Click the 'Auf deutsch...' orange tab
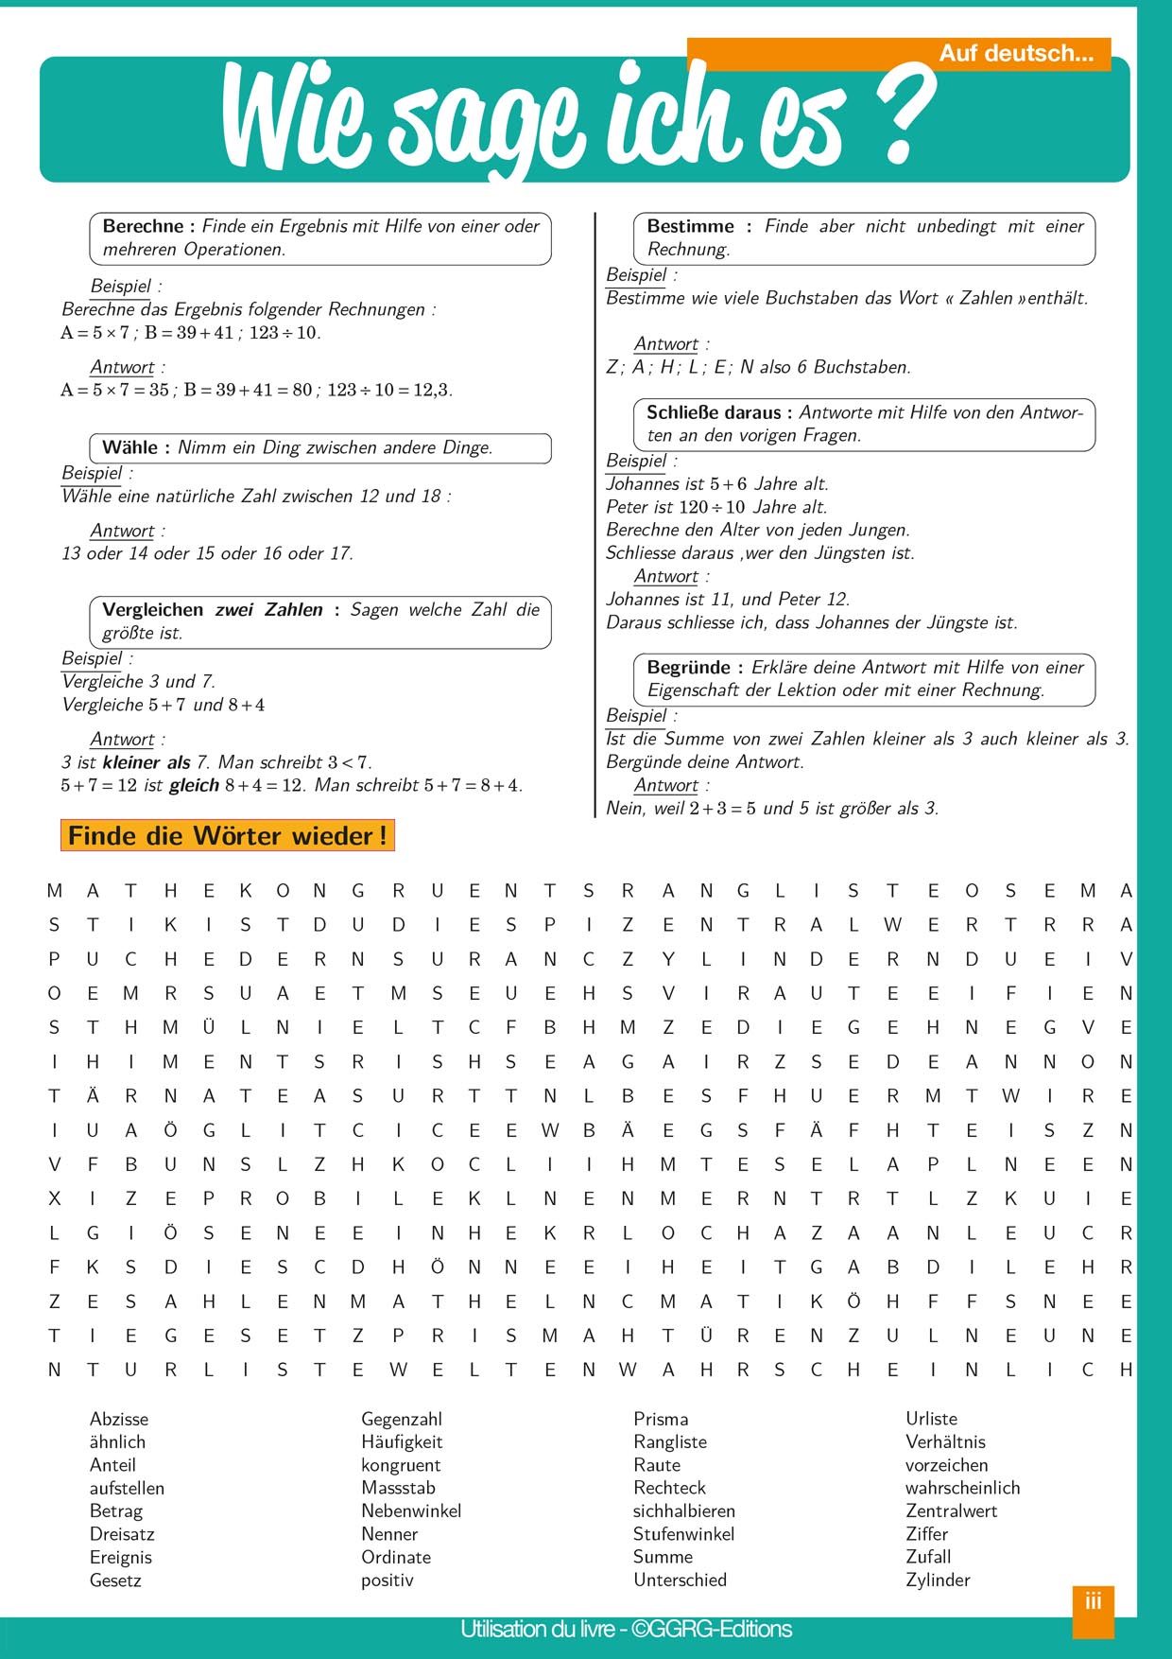(1015, 54)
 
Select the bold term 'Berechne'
(143, 226)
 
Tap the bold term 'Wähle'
(129, 447)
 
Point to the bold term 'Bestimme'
(690, 226)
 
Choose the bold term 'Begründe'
(688, 667)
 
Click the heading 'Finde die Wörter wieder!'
(227, 836)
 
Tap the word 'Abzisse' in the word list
(119, 1419)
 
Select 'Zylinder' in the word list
(938, 1580)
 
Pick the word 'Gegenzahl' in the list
(402, 1419)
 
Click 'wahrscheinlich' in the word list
(962, 1488)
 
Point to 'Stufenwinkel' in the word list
(683, 1534)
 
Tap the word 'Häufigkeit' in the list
(402, 1442)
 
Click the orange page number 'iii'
(1094, 1601)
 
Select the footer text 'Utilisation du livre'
(537, 1630)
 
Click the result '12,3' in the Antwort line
(432, 390)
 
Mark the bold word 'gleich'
(194, 785)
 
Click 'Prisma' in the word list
(661, 1419)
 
